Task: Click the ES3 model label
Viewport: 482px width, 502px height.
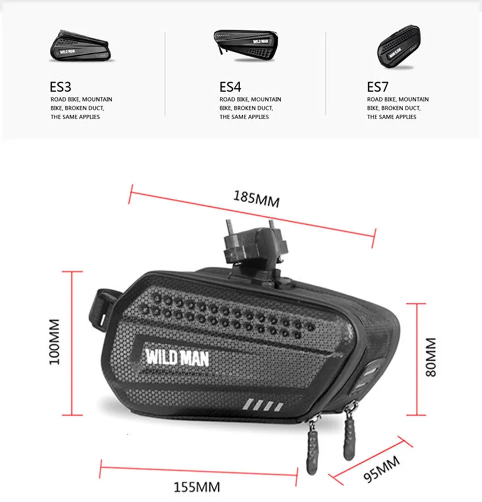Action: point(60,87)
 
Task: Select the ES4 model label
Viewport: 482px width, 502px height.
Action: point(230,87)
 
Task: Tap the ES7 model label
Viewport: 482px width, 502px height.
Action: point(378,87)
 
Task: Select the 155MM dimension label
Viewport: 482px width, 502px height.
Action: point(197,487)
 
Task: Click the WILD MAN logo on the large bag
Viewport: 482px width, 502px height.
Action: point(177,357)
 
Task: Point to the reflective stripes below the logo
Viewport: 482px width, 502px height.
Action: point(264,406)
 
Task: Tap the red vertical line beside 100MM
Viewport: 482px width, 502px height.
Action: point(72,344)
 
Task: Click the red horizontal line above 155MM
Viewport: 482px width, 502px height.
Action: point(198,468)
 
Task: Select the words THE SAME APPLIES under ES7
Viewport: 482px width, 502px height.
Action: point(391,117)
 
